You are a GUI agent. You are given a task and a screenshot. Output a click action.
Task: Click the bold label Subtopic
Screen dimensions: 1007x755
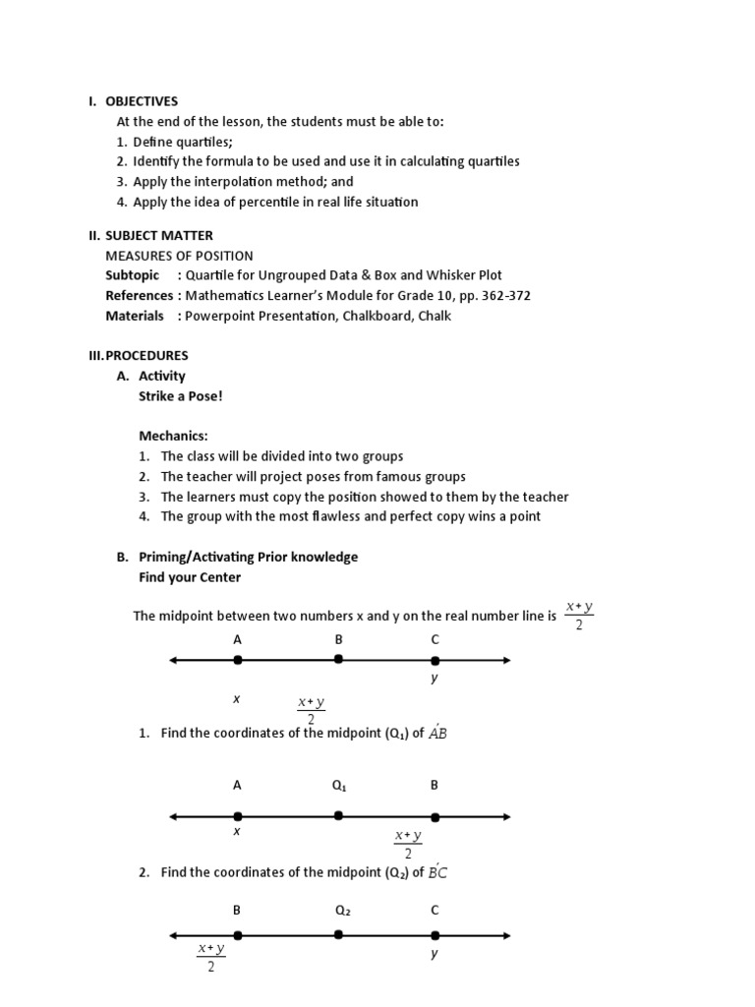(132, 275)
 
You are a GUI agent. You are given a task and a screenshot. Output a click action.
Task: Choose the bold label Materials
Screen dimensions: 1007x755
(135, 316)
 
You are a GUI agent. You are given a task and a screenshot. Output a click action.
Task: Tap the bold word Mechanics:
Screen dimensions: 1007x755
(173, 436)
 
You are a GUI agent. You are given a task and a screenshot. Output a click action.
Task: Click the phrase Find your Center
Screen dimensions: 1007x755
(190, 576)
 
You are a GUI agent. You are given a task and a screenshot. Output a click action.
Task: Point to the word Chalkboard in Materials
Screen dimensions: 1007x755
(369, 316)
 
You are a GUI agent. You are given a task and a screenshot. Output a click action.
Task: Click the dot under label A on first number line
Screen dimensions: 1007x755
(237, 660)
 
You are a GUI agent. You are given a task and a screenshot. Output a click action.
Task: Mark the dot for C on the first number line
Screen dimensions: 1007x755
(435, 660)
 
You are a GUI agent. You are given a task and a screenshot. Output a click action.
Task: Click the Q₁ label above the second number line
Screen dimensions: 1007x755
(339, 785)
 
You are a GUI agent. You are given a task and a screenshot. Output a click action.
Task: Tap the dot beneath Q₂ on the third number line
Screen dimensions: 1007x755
(338, 935)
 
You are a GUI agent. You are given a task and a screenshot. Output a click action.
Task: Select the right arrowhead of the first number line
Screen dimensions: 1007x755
(505, 660)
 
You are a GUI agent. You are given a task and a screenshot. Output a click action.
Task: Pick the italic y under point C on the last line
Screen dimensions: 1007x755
(434, 953)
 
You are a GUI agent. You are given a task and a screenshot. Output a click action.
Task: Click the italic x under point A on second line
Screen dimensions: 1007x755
(236, 831)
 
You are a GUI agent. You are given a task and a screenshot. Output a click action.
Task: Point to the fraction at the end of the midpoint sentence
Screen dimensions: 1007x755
(579, 616)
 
